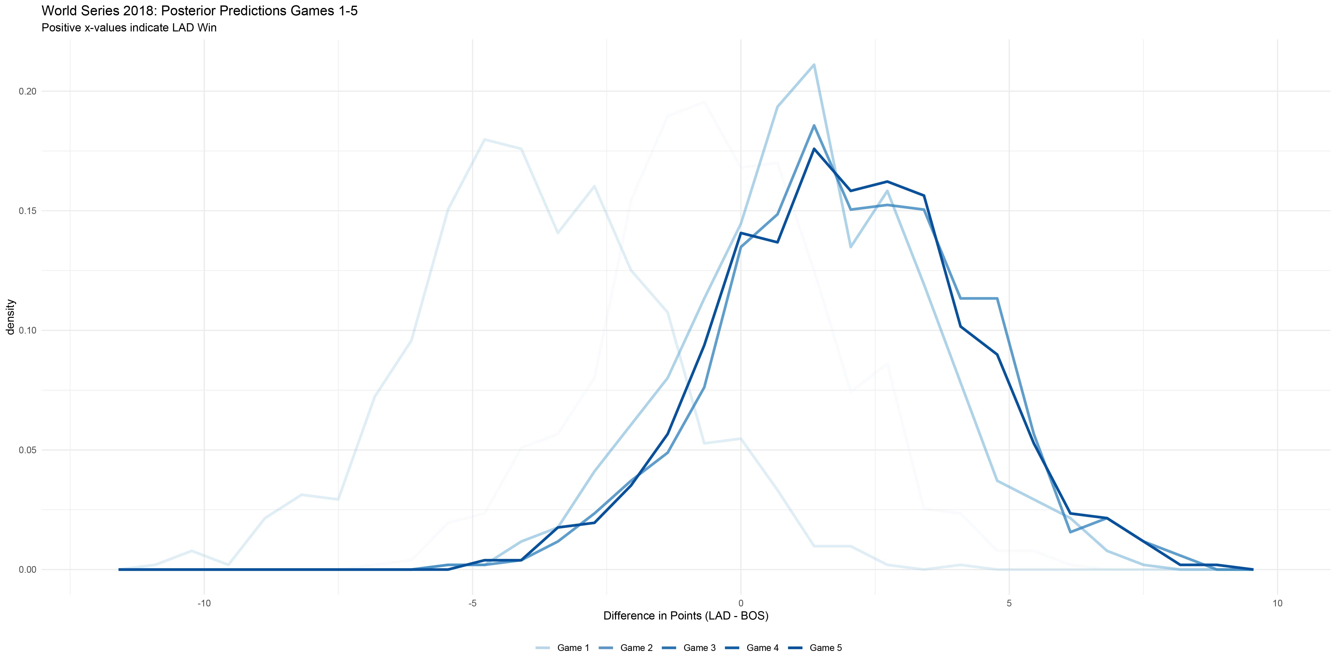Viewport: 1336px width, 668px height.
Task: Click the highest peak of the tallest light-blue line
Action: coord(814,65)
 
